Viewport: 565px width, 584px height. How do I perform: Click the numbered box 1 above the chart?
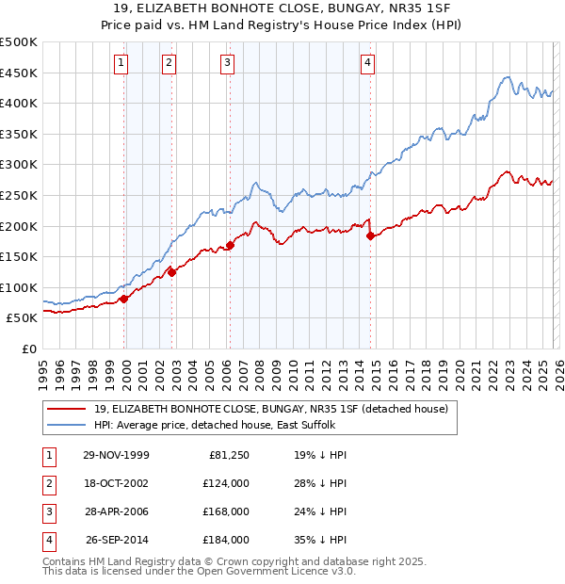(121, 63)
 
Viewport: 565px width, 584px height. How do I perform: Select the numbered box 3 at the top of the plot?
(228, 63)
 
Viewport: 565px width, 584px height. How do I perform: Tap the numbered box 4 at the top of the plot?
(367, 63)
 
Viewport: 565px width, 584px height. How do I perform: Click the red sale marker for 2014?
(370, 235)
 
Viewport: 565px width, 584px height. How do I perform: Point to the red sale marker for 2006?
(230, 246)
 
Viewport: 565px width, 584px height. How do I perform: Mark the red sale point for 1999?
(123, 299)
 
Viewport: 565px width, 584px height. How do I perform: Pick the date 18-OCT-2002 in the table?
(116, 483)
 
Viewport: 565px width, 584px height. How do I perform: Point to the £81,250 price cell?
(230, 455)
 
